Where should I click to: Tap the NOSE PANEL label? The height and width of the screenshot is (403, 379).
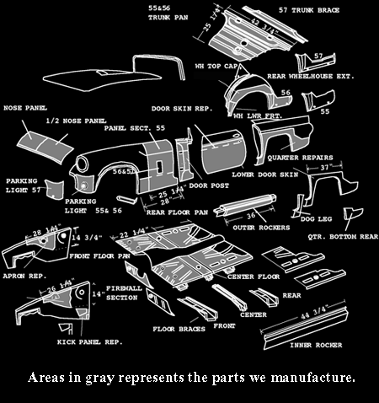25,108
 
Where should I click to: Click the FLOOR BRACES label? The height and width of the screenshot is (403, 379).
179,329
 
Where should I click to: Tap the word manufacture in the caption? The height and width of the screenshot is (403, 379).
317,376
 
